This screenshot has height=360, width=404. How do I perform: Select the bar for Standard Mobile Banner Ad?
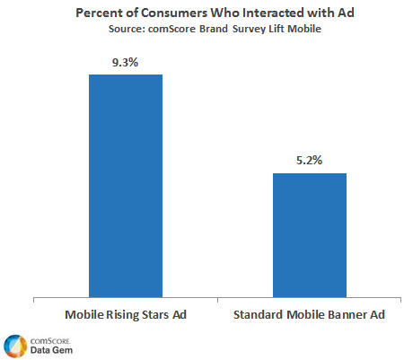point(309,233)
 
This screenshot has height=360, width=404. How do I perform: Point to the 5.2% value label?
point(309,160)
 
